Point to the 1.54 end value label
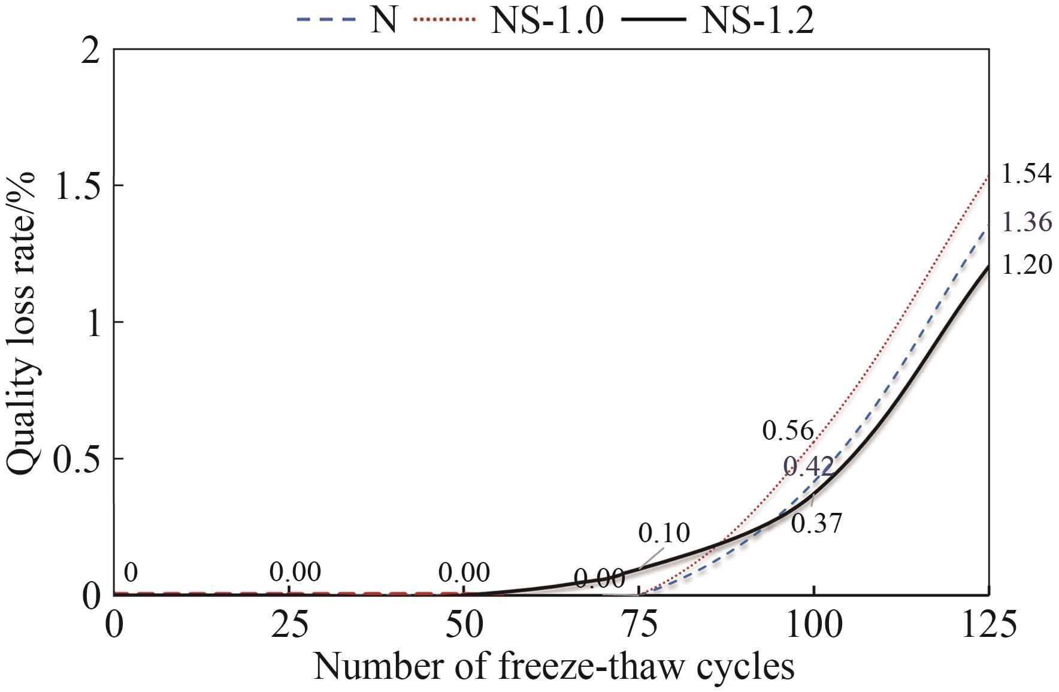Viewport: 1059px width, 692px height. click(1026, 174)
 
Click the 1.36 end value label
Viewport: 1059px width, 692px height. click(1026, 222)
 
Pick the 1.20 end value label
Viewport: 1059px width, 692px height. click(1026, 265)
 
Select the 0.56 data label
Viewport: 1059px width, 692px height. click(788, 431)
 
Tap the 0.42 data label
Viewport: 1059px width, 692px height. click(809, 466)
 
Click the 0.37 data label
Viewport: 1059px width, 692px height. click(816, 523)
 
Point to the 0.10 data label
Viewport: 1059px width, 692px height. click(664, 532)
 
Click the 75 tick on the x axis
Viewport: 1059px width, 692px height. click(639, 624)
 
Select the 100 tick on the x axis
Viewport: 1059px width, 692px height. click(813, 624)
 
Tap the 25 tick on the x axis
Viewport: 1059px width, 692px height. click(289, 624)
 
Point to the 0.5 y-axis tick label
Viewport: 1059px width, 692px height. click(77, 460)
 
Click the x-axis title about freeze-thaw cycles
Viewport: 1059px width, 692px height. click(553, 667)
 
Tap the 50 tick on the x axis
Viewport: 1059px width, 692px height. click(464, 624)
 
